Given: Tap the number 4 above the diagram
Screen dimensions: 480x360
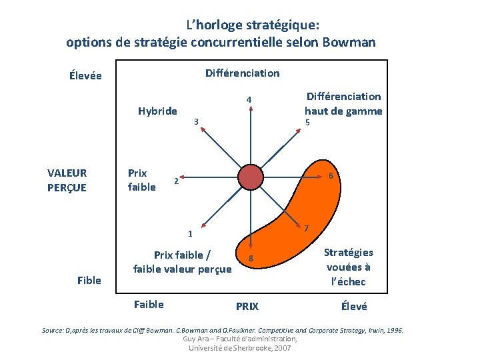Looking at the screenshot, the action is point(248,101).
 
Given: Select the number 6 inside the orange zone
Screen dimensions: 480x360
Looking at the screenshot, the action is point(331,176).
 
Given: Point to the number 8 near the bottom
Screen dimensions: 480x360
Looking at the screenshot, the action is point(251,258).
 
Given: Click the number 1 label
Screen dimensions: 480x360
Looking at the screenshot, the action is point(190,234).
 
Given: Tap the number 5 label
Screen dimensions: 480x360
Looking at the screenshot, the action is point(307,122).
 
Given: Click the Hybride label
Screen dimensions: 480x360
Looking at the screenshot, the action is point(157,111).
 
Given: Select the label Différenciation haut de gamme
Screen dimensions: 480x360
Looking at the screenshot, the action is point(343,103).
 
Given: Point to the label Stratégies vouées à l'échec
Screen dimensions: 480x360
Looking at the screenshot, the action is point(349,267).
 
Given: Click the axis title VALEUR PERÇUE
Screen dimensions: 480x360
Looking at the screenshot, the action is point(67,180).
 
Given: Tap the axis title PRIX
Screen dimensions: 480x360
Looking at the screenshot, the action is point(247,307).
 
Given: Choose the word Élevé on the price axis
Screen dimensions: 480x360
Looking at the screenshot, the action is point(353,306).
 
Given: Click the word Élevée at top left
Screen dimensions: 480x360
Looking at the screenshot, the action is point(85,75).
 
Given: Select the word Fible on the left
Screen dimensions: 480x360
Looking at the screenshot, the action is point(89,280).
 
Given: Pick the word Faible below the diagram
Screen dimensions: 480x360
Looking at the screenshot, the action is point(149,305).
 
